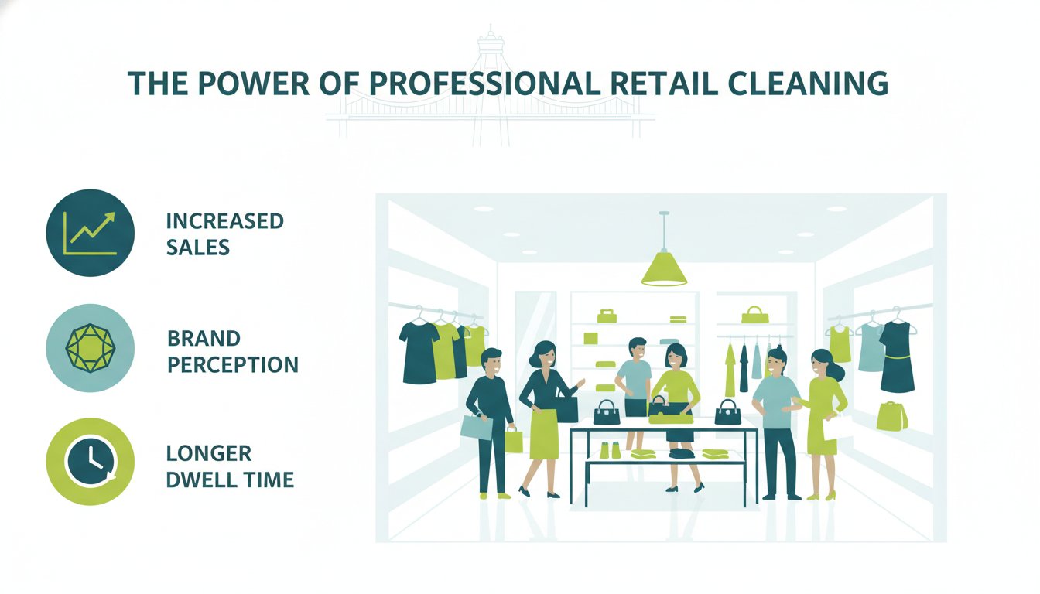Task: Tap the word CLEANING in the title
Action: [x=807, y=84]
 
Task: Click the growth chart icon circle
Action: [x=90, y=233]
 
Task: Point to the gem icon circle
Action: [x=90, y=348]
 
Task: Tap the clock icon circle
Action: [x=90, y=462]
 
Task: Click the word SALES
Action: [x=198, y=247]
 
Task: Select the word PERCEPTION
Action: [x=233, y=365]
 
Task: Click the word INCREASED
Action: [x=224, y=221]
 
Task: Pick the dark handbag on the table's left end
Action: [x=607, y=412]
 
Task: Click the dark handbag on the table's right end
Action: [x=727, y=412]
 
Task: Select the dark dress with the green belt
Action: [x=897, y=357]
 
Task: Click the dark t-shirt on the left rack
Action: [x=419, y=353]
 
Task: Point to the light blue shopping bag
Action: [x=477, y=427]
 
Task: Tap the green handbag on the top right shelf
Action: [x=755, y=316]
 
